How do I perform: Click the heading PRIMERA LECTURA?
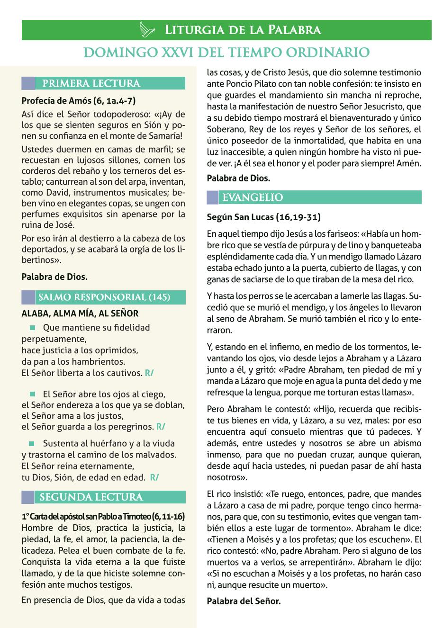pos(91,84)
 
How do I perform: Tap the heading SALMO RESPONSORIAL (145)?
pos(104,297)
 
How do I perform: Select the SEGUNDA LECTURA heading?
pos(91,497)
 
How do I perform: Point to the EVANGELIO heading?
pos(253,197)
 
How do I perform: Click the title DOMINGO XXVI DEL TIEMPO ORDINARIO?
pos(226,52)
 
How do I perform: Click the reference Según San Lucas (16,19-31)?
pos(263,217)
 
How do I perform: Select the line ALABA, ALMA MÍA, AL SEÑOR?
pos(80,314)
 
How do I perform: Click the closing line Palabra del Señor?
pos(244,601)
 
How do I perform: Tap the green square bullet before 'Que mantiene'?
pos(33,328)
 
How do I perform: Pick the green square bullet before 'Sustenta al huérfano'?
pos(33,444)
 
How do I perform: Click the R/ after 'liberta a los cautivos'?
pos(149,373)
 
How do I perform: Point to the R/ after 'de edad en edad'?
pos(154,477)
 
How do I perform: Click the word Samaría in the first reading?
pos(163,136)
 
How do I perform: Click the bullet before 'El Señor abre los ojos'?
pos(33,394)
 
